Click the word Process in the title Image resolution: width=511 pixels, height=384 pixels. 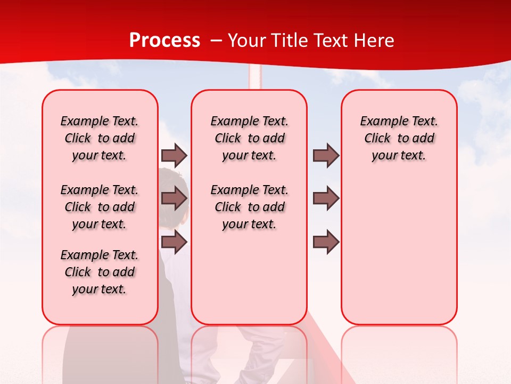point(164,41)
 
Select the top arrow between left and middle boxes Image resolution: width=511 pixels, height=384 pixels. point(174,155)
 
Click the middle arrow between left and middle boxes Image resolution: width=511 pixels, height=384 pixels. point(174,198)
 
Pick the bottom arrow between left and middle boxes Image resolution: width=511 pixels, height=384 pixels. point(174,242)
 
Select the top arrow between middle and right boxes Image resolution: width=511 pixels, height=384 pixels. point(326,155)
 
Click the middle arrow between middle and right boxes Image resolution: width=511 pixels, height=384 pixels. point(326,198)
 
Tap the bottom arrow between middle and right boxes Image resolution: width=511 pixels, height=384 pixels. point(326,242)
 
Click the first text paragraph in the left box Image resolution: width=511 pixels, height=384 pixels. point(100,138)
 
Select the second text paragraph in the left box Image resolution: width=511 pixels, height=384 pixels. point(100,207)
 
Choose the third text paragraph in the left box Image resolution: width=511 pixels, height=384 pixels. point(100,272)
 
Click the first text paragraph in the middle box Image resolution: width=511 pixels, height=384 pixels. point(249,138)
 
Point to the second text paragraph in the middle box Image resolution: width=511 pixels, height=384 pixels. point(249,207)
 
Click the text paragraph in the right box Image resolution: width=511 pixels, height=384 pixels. point(399,138)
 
